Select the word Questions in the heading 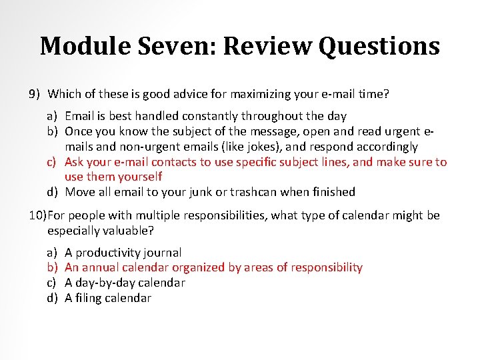(379, 46)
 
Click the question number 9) (35, 94)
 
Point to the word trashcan (253, 192)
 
